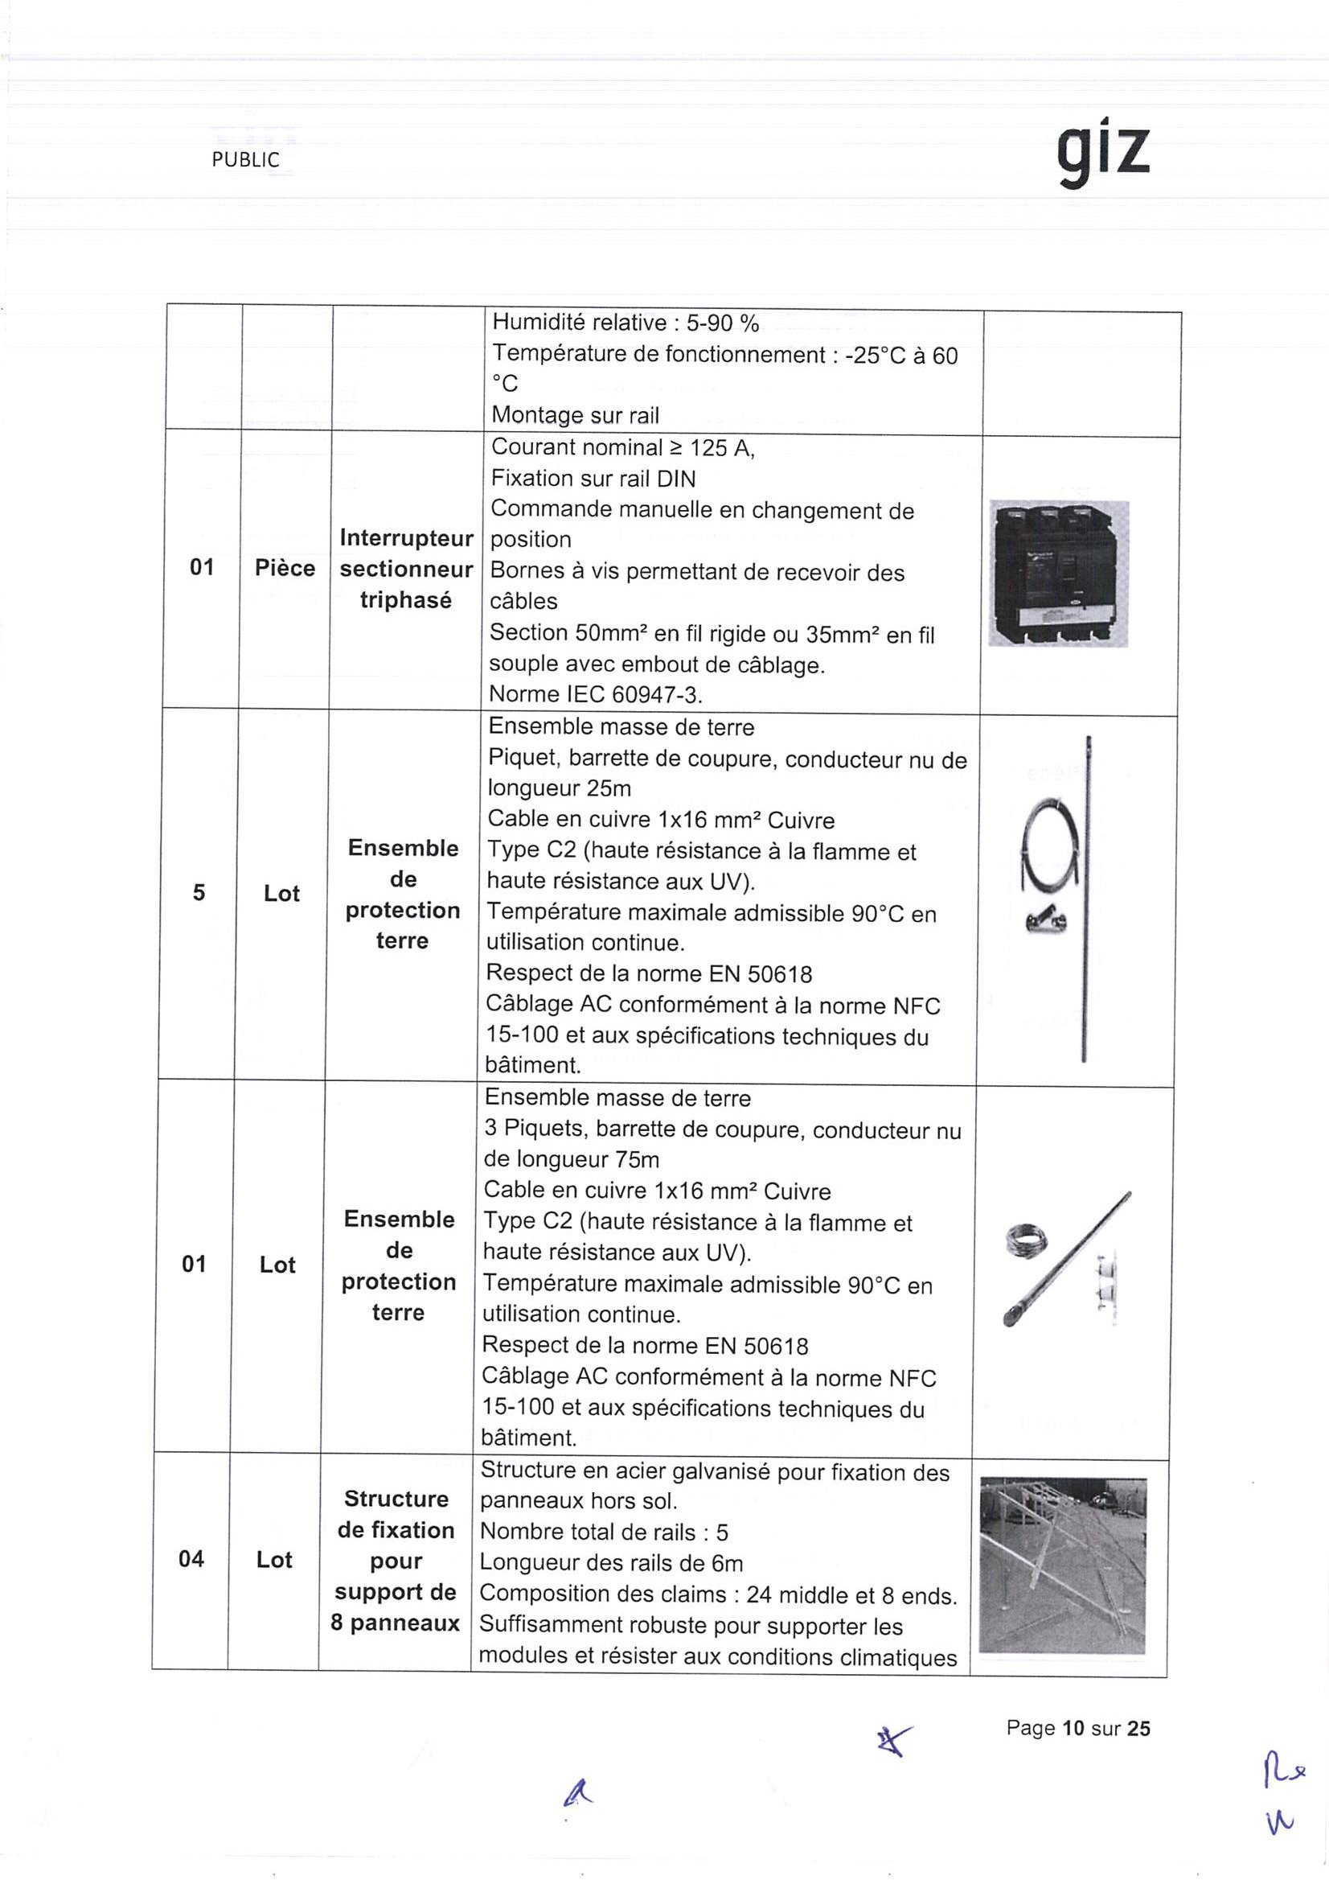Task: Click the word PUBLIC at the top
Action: (244, 161)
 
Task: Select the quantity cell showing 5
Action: (199, 892)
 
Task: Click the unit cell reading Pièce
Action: (285, 568)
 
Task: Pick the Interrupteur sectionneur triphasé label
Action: (407, 569)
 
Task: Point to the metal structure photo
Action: (1062, 1565)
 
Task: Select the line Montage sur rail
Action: (576, 415)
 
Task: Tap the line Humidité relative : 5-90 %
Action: (626, 323)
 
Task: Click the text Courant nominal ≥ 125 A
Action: (622, 448)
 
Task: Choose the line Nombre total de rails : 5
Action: (604, 1532)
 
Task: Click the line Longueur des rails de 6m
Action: (611, 1563)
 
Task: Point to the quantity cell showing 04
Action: (191, 1559)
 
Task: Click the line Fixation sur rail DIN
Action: (593, 479)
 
